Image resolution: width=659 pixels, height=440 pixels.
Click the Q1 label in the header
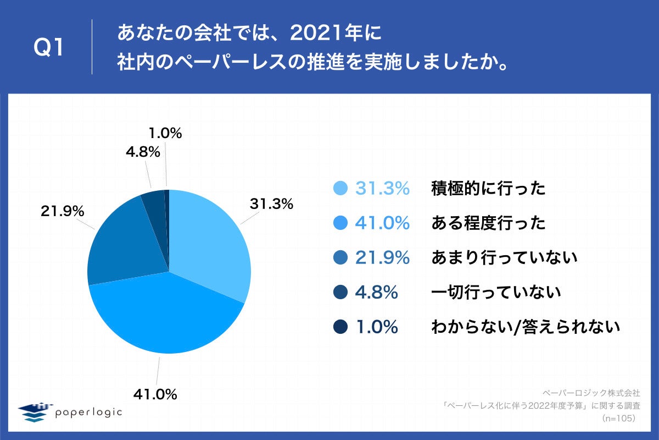49,48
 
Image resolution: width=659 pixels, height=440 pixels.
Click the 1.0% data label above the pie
165,133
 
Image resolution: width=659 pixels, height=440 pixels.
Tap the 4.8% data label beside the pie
143,152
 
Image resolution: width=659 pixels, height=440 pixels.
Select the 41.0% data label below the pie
155,394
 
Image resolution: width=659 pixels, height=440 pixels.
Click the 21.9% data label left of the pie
62,211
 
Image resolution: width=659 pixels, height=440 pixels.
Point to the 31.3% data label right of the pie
271,204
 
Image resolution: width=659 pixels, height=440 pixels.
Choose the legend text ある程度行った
488,223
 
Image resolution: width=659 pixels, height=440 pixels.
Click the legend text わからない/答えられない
526,327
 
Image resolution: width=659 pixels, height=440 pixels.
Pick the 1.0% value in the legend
376,327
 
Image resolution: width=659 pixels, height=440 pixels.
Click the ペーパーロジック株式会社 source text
591,393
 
